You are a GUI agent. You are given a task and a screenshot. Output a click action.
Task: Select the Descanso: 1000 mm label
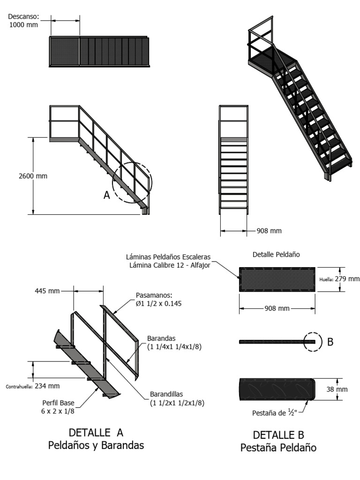click(23, 21)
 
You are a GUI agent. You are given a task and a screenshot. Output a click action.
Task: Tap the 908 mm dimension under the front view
click(269, 231)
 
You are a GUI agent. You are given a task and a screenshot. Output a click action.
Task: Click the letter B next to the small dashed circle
click(330, 342)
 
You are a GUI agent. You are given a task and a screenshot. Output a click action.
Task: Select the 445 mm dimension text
click(47, 291)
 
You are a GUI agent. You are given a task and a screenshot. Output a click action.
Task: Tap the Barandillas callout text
click(177, 398)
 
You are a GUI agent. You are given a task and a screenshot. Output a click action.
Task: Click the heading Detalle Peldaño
click(276, 254)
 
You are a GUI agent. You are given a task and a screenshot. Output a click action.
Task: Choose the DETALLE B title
click(278, 435)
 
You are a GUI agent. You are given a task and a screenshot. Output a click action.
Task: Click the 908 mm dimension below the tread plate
click(277, 308)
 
